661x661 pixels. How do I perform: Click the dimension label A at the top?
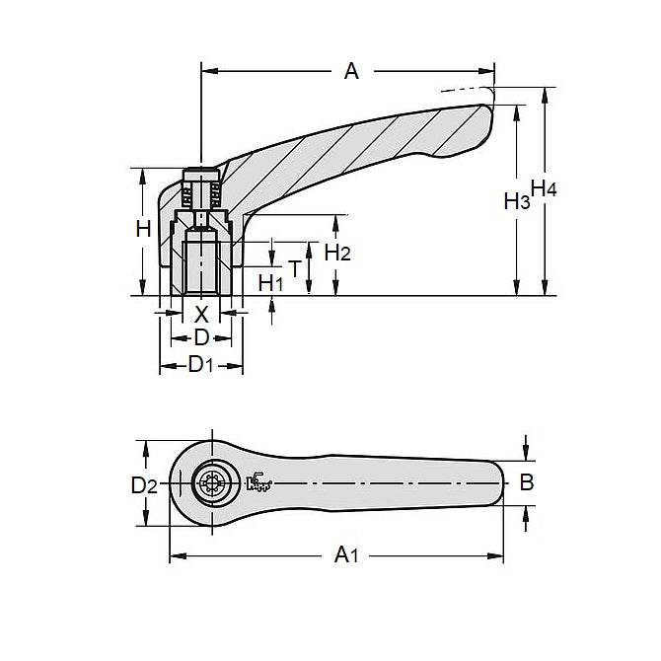tap(349, 70)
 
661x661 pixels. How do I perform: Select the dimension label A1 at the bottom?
tap(345, 556)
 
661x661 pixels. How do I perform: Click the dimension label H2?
tap(337, 252)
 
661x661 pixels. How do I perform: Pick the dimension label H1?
tap(271, 283)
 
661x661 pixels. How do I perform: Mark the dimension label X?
tap(201, 314)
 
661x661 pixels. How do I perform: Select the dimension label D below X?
tap(201, 337)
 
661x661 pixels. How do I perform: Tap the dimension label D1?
tap(201, 365)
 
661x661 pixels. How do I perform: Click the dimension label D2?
tap(144, 484)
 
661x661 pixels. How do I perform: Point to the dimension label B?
tap(527, 482)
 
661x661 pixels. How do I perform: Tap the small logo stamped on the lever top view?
tap(260, 481)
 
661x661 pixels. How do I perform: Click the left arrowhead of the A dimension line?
tap(207, 70)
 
